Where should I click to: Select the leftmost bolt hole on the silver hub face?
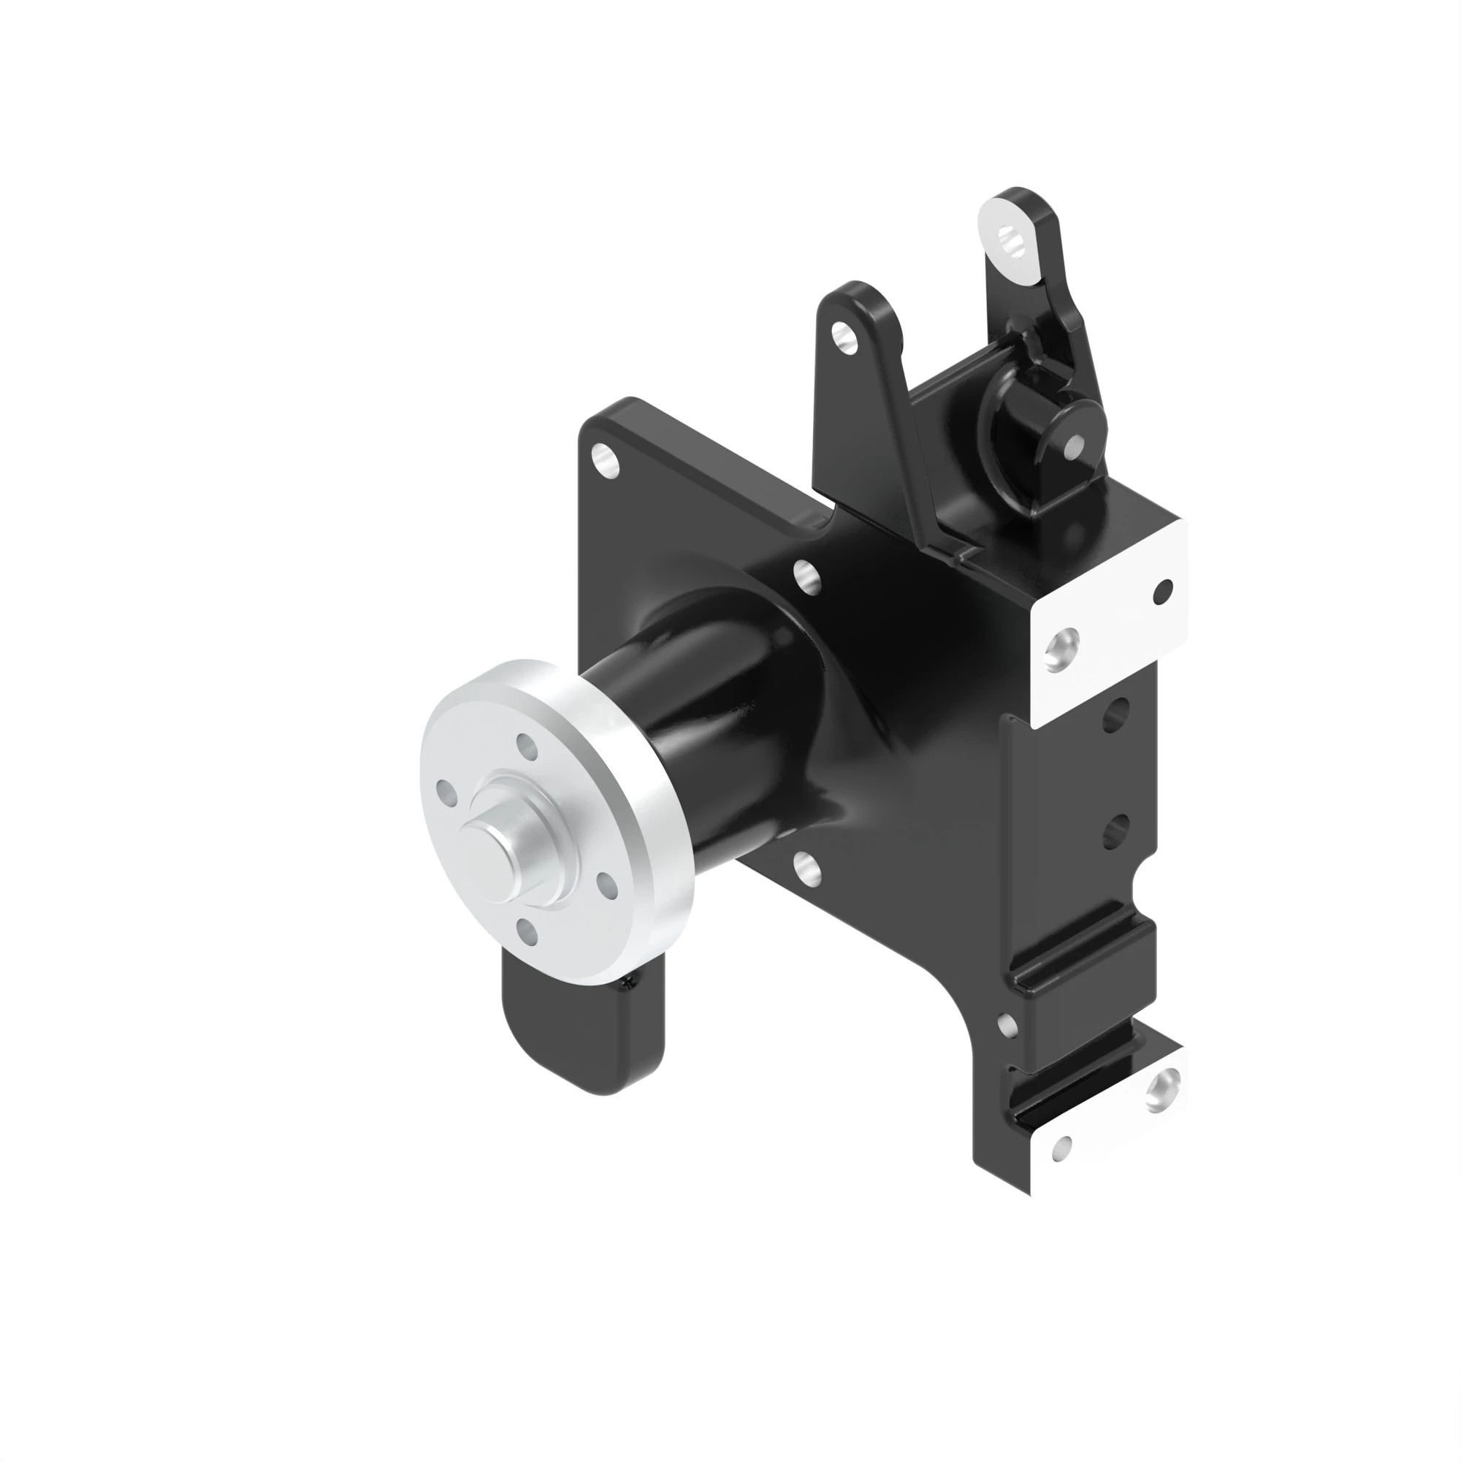(446, 793)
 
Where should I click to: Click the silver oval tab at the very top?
(1007, 243)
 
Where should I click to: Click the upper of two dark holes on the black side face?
(1116, 713)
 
